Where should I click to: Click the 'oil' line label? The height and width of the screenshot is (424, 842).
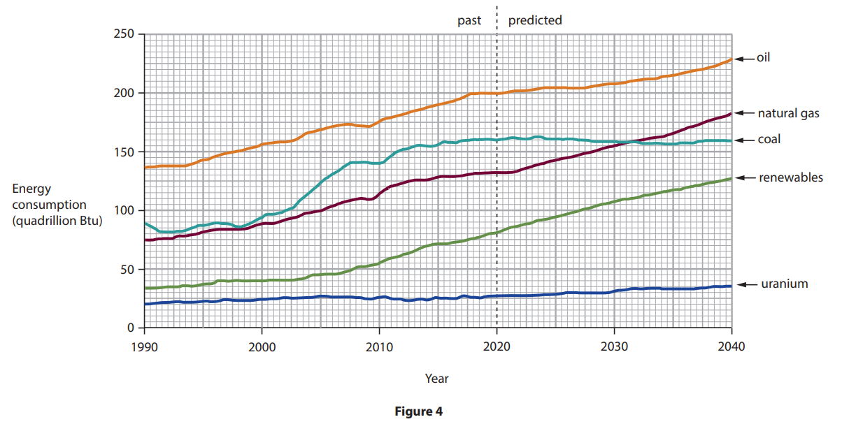[x=763, y=58]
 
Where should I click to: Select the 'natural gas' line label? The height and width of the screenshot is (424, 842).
[x=788, y=113]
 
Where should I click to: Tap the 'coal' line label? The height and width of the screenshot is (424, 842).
[x=769, y=140]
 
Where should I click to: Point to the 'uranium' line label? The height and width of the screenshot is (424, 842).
[x=785, y=284]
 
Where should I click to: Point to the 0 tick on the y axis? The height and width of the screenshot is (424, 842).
[x=130, y=328]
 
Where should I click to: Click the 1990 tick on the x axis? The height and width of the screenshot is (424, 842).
[x=144, y=344]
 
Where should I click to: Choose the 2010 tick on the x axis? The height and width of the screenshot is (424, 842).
[x=379, y=344]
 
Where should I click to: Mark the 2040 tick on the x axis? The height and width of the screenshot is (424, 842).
[x=731, y=344]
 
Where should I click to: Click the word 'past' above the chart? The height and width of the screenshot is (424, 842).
[x=469, y=20]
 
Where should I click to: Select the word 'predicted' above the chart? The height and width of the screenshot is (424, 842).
[x=535, y=20]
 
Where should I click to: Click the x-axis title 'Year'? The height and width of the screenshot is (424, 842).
[x=437, y=379]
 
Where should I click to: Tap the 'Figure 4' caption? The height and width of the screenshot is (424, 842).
[x=419, y=411]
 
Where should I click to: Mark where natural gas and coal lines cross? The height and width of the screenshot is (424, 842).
[x=632, y=142]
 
